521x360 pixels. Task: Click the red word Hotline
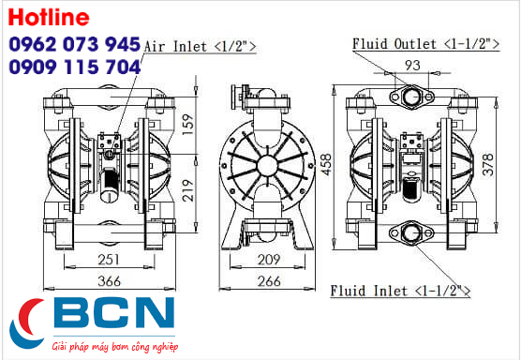pyautogui.click(x=49, y=17)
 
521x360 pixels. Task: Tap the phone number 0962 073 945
pyautogui.click(x=74, y=44)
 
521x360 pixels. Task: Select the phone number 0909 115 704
pyautogui.click(x=74, y=67)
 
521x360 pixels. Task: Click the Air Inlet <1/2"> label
pyautogui.click(x=200, y=46)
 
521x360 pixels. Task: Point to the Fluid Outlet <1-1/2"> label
pyautogui.click(x=426, y=44)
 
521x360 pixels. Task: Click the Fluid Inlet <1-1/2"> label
pyautogui.click(x=400, y=291)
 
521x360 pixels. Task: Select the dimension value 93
pyautogui.click(x=412, y=65)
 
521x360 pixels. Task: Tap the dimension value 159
pyautogui.click(x=188, y=125)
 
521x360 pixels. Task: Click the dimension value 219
pyautogui.click(x=188, y=190)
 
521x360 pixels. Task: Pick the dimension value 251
pyautogui.click(x=109, y=260)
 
